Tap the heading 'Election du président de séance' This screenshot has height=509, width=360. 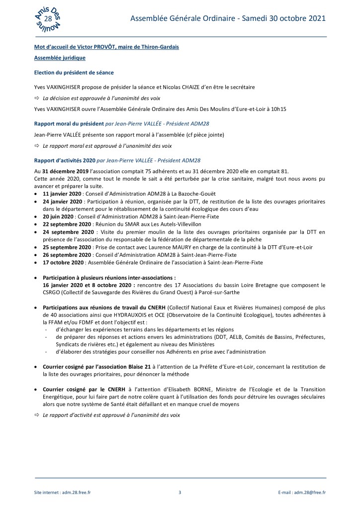[x=74, y=73]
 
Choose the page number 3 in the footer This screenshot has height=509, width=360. [x=180, y=493]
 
